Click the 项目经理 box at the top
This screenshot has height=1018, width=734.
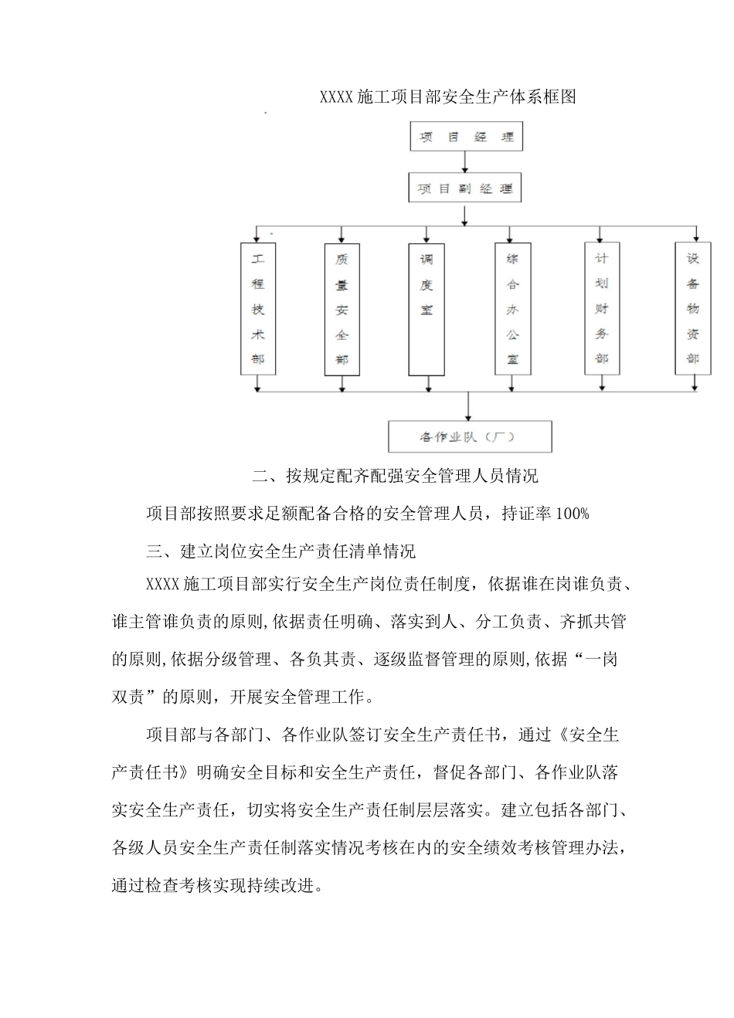click(x=466, y=137)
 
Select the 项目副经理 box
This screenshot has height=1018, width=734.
click(x=465, y=188)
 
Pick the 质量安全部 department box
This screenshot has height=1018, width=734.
click(x=342, y=309)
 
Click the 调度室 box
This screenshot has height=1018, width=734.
click(x=426, y=309)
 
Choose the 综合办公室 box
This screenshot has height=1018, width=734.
click(x=512, y=309)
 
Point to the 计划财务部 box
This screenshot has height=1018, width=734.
click(x=602, y=308)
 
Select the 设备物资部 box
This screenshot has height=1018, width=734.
click(x=693, y=308)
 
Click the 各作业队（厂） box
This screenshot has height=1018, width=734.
click(x=470, y=436)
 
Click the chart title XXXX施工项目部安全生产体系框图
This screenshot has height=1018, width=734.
click(x=448, y=97)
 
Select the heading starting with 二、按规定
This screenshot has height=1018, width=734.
click(x=395, y=476)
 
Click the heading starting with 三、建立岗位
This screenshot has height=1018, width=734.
click(x=281, y=551)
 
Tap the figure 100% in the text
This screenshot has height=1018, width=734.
click(x=573, y=514)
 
